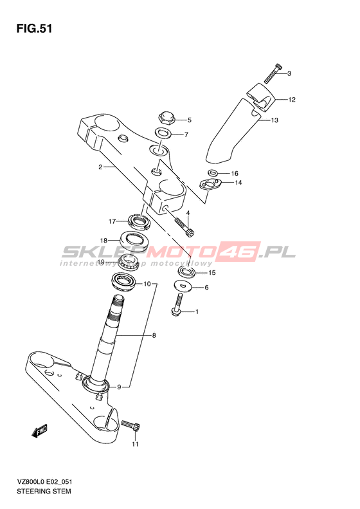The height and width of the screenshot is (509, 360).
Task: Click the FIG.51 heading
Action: [34, 29]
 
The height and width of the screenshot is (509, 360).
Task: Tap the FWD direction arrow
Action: [39, 431]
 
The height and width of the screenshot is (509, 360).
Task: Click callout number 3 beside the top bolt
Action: [289, 73]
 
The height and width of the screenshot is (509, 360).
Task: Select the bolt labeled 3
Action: [273, 73]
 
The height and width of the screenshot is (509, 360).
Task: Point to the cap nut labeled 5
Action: [166, 118]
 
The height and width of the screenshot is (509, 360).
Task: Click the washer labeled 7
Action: [163, 133]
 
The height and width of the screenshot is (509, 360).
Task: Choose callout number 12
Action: [292, 99]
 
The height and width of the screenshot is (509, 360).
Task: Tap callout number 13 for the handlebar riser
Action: [274, 120]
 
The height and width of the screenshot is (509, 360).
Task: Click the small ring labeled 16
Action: [213, 172]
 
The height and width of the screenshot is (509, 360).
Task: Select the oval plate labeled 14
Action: [210, 185]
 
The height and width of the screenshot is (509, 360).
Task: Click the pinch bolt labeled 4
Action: [185, 226]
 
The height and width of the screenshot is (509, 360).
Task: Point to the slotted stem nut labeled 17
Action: [139, 221]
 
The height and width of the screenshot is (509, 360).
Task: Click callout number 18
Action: [104, 241]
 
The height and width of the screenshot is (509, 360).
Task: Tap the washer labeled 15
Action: [186, 272]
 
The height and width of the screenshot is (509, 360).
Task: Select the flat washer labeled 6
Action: [183, 286]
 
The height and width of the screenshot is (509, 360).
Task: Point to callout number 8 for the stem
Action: [154, 335]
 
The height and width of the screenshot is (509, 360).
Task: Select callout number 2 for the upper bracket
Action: [100, 167]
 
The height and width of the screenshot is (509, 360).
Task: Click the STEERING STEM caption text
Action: [44, 491]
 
